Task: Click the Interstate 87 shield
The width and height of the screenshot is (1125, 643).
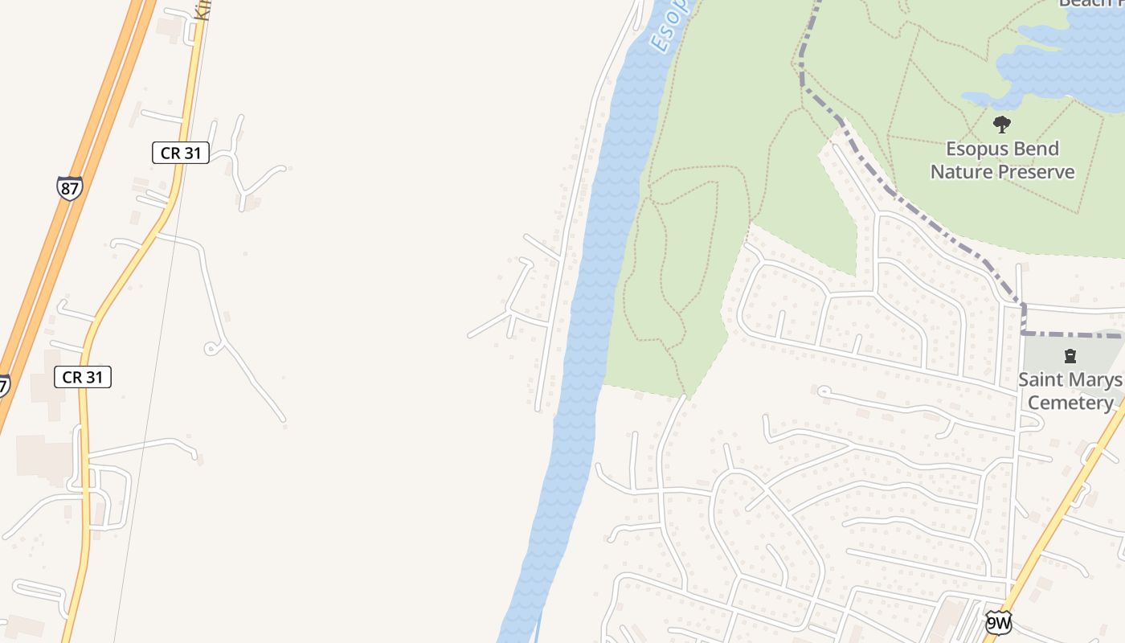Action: (x=70, y=188)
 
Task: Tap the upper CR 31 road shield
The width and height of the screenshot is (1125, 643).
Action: (x=181, y=153)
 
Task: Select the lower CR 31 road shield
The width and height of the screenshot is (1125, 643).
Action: (x=83, y=377)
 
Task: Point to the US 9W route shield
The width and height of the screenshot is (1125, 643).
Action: (x=998, y=622)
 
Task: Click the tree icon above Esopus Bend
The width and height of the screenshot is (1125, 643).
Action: (x=1001, y=125)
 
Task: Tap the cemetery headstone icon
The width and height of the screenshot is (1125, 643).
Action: (x=1070, y=355)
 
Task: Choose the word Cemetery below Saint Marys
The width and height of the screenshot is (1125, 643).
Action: (x=1070, y=403)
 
